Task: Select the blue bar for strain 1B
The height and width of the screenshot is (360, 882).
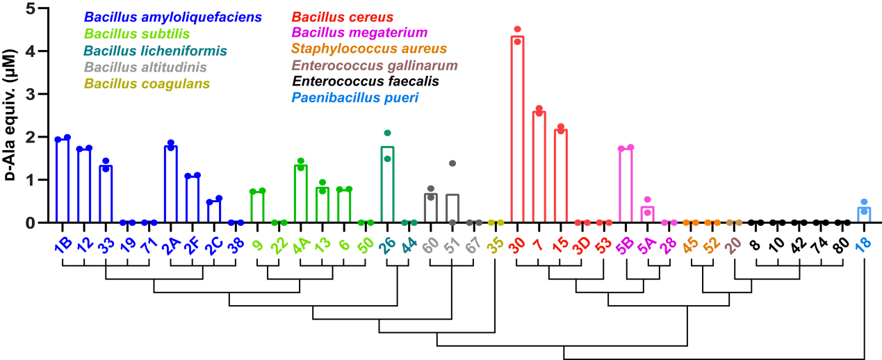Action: pos(63,181)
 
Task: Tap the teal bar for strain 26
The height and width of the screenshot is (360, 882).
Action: pos(387,185)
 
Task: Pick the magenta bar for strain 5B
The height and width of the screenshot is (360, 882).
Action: pos(626,185)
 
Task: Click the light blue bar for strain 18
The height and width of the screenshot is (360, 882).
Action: pos(864,215)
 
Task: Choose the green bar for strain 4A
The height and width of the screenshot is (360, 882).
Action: pos(300,194)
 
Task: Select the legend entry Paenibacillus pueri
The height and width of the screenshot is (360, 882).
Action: pos(355,98)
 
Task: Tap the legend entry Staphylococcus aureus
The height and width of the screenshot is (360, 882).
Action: pos(369,49)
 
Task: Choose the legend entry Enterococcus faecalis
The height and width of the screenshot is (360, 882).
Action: pos(366,82)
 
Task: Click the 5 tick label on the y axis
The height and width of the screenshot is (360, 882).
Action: pos(27,8)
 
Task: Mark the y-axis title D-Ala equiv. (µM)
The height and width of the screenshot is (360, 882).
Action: pos(12,115)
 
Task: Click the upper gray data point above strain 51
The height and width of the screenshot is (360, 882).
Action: pos(452,163)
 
